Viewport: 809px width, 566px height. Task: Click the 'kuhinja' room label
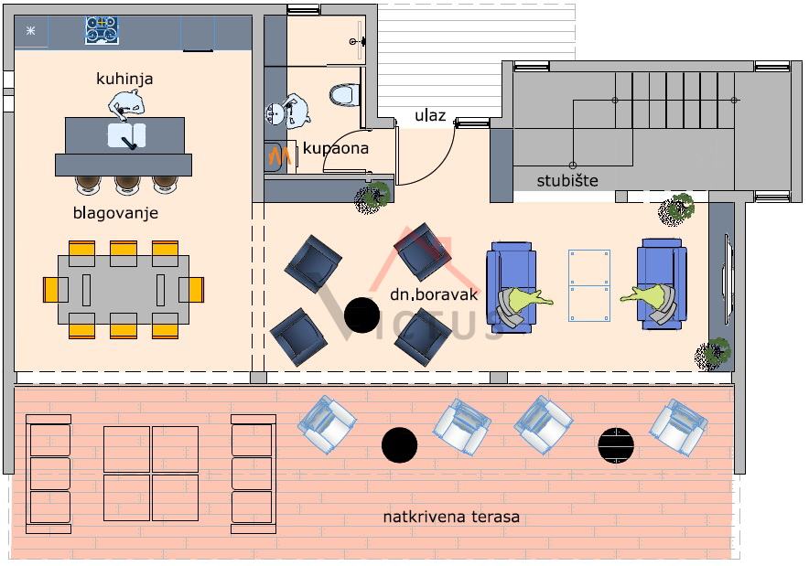click(x=124, y=80)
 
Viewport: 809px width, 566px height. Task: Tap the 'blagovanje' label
click(x=116, y=213)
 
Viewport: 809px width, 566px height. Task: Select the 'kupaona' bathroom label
click(x=336, y=147)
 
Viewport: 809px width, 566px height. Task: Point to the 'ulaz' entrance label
click(x=430, y=115)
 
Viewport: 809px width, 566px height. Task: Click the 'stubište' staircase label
click(x=567, y=180)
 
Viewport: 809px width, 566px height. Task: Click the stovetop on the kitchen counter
click(x=102, y=30)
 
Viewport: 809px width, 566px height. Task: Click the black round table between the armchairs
click(x=361, y=315)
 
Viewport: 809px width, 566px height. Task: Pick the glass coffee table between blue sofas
click(x=588, y=284)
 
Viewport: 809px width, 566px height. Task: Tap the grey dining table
click(x=124, y=289)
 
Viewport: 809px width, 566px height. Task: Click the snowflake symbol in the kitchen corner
click(x=31, y=31)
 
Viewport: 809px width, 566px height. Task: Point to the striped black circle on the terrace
click(x=616, y=445)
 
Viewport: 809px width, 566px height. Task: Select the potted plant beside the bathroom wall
click(x=373, y=197)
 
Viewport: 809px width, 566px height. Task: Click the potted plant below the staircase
click(x=677, y=209)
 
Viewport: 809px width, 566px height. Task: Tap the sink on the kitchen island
click(x=126, y=136)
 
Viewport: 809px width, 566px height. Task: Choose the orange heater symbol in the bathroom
click(x=281, y=155)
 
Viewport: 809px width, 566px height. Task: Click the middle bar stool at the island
click(x=126, y=184)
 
